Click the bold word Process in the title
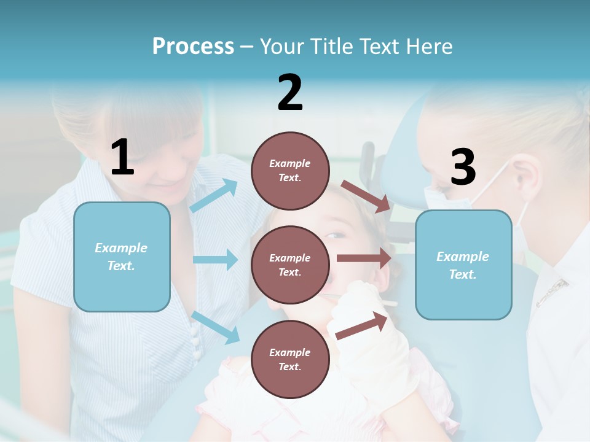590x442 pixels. (193, 46)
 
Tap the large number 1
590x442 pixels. (122, 157)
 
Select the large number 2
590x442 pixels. (290, 92)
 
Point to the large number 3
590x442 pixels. (463, 167)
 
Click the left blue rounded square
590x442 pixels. (122, 257)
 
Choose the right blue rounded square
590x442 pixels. (463, 265)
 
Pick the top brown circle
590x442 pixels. (290, 171)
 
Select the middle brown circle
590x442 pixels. (290, 265)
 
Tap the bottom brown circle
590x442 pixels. (290, 359)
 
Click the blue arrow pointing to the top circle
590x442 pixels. (214, 196)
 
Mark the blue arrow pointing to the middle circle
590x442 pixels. (215, 260)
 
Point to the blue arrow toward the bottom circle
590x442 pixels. (215, 327)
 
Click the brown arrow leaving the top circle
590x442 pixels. (366, 196)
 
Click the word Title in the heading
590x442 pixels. (332, 46)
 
